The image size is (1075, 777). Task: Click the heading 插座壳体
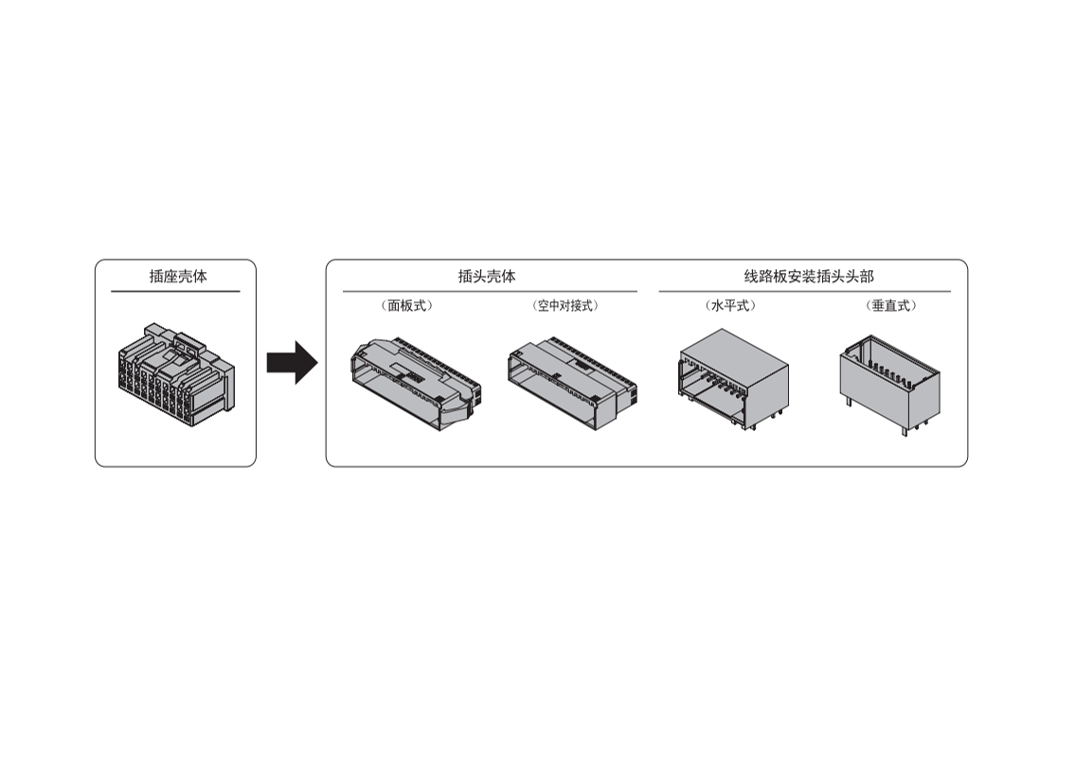178,277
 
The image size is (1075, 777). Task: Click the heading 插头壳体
487,277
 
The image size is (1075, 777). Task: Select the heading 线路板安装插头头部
809,277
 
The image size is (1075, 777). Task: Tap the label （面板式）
407,306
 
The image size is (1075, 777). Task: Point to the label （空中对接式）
565,306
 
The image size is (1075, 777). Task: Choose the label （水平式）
730,306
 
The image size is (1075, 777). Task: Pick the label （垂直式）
891,306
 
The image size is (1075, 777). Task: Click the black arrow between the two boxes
292,362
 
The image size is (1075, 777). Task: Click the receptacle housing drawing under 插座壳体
176,374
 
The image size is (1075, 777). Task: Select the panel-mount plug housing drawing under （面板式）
416,384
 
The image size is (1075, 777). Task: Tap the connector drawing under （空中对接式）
572,384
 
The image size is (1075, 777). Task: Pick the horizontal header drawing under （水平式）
734,379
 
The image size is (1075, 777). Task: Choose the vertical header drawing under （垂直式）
890,385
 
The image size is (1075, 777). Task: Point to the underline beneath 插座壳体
175,292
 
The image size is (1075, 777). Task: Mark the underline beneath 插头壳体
491,292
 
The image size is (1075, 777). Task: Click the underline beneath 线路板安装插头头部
805,292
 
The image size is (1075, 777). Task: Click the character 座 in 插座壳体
170,277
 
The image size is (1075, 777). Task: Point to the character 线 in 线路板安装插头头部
752,277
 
